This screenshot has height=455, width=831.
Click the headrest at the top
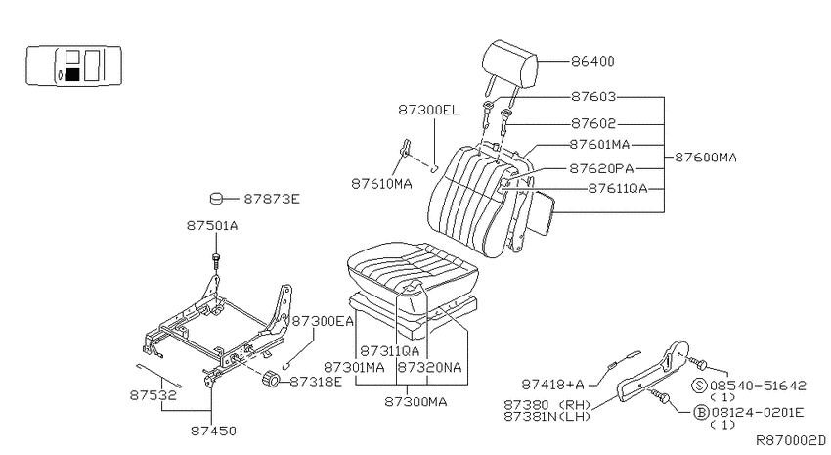tap(509, 65)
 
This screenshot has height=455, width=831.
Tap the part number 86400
tap(592, 62)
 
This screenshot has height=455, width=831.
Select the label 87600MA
tap(706, 158)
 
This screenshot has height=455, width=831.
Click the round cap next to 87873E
tap(216, 199)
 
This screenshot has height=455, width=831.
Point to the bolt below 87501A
tap(216, 261)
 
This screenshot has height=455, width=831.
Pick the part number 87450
tap(213, 431)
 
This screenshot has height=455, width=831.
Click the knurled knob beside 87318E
tap(272, 380)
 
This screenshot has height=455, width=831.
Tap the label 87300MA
tap(415, 402)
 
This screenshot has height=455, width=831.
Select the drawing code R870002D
tap(790, 440)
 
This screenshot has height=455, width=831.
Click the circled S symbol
tap(700, 386)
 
